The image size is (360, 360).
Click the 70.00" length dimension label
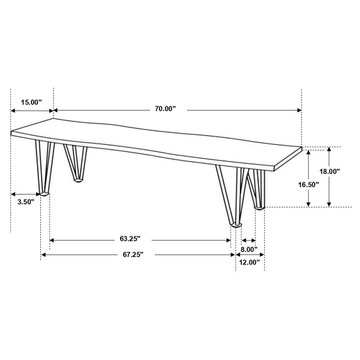(165, 108)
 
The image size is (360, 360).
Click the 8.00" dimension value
(249, 249)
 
